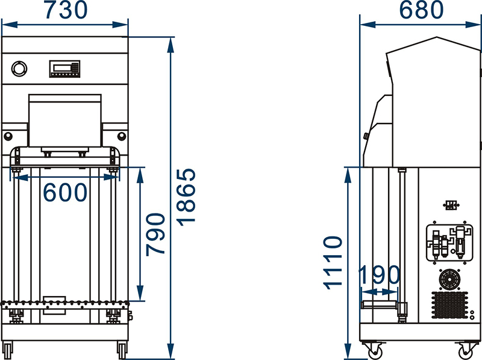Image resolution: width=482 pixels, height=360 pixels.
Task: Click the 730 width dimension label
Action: pyautogui.click(x=66, y=10)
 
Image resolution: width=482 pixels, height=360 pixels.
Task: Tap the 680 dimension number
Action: pyautogui.click(x=421, y=10)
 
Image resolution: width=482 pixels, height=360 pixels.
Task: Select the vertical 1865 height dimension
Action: pyautogui.click(x=186, y=197)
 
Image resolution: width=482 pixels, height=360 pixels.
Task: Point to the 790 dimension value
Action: pyautogui.click(x=155, y=235)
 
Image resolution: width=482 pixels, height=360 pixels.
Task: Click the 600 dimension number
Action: pyautogui.click(x=65, y=192)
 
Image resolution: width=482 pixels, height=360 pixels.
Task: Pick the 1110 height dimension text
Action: pyautogui.click(x=333, y=263)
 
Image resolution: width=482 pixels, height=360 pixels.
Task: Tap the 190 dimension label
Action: pyautogui.click(x=380, y=274)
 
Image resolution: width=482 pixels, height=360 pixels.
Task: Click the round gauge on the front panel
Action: pyautogui.click(x=19, y=69)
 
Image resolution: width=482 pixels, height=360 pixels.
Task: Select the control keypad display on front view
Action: pyautogui.click(x=64, y=69)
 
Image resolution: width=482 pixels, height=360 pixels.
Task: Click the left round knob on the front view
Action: pyautogui.click(x=8, y=136)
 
